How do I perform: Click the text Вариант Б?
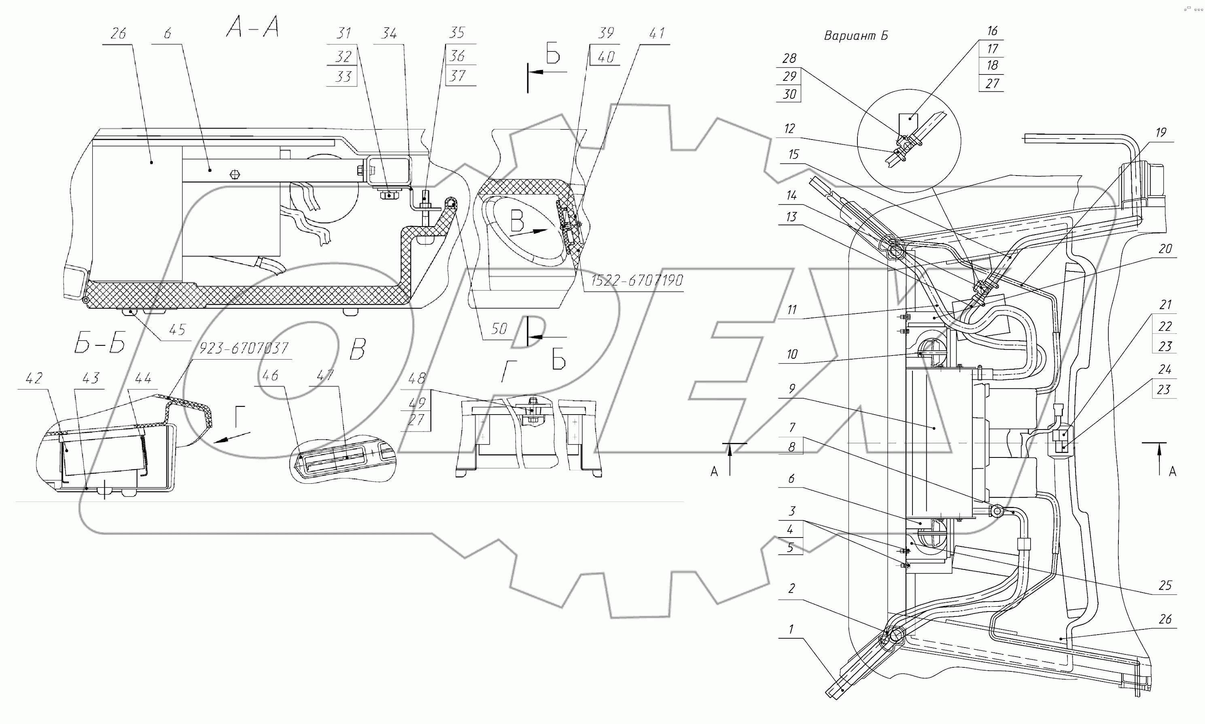pos(855,36)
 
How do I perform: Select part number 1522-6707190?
pos(636,281)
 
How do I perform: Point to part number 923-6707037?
pos(244,348)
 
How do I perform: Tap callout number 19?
pos(1160,133)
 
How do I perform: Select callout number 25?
pos(1165,585)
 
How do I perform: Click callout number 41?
pos(657,34)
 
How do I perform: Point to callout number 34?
pos(389,34)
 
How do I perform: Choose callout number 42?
pos(34,378)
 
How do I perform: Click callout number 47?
pos(325,375)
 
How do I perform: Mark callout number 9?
pos(791,389)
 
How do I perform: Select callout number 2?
pos(791,589)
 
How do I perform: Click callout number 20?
pos(1165,249)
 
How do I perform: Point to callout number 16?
pos(992,31)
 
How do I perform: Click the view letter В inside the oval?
pos(517,222)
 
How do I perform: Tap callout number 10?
pos(791,354)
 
